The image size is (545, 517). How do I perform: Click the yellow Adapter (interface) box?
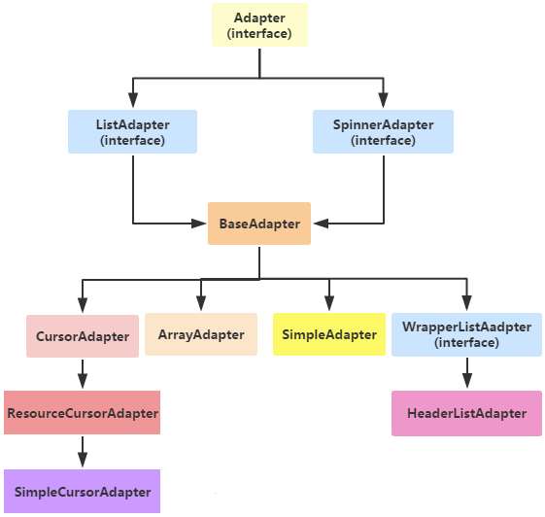pos(259,25)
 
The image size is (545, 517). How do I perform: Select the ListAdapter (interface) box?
pos(132,131)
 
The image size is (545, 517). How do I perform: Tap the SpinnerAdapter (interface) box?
pos(383,131)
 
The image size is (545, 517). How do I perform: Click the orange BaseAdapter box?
pos(259,224)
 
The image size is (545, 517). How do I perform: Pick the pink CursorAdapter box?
pos(83,336)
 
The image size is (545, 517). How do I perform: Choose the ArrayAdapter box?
pos(201,334)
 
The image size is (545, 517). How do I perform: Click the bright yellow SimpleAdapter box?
pos(329,334)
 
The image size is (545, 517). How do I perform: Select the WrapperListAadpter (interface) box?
pos(467,334)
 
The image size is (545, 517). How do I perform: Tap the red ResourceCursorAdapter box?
pos(83,413)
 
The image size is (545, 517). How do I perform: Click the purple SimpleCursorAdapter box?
pos(83,491)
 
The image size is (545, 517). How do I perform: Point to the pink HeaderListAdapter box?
pos(467,414)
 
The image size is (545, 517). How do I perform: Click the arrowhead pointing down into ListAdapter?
pos(132,102)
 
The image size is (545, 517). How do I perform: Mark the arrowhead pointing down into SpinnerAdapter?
pos(383,102)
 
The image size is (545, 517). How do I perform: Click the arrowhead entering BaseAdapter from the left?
pos(200,224)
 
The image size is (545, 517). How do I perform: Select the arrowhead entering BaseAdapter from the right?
pos(320,224)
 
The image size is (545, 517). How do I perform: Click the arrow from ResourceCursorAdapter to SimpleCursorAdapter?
pos(83,452)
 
